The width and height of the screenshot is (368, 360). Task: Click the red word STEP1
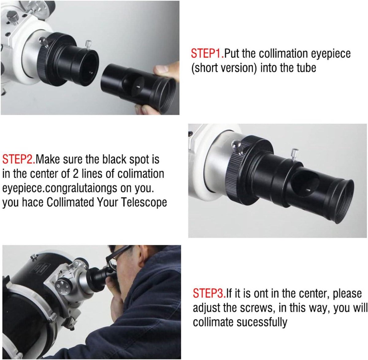(207, 53)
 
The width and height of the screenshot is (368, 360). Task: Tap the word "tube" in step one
(306, 68)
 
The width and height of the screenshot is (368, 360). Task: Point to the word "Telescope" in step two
(144, 203)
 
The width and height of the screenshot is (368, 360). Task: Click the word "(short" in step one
(205, 68)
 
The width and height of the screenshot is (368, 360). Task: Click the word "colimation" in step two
(141, 174)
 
